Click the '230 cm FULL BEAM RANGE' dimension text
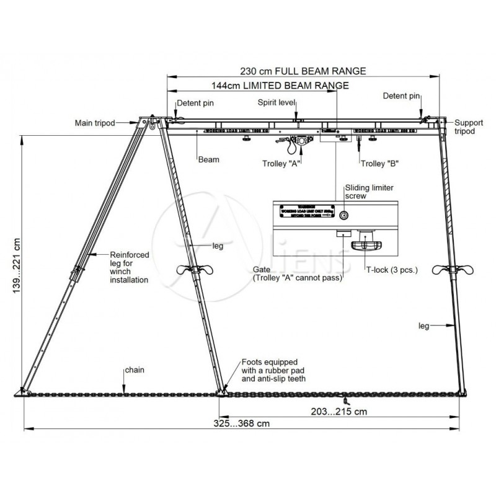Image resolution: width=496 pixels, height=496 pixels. [x=303, y=70]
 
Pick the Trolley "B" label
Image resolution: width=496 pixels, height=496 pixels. [x=379, y=164]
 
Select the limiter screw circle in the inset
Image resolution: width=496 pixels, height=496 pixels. [x=345, y=215]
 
